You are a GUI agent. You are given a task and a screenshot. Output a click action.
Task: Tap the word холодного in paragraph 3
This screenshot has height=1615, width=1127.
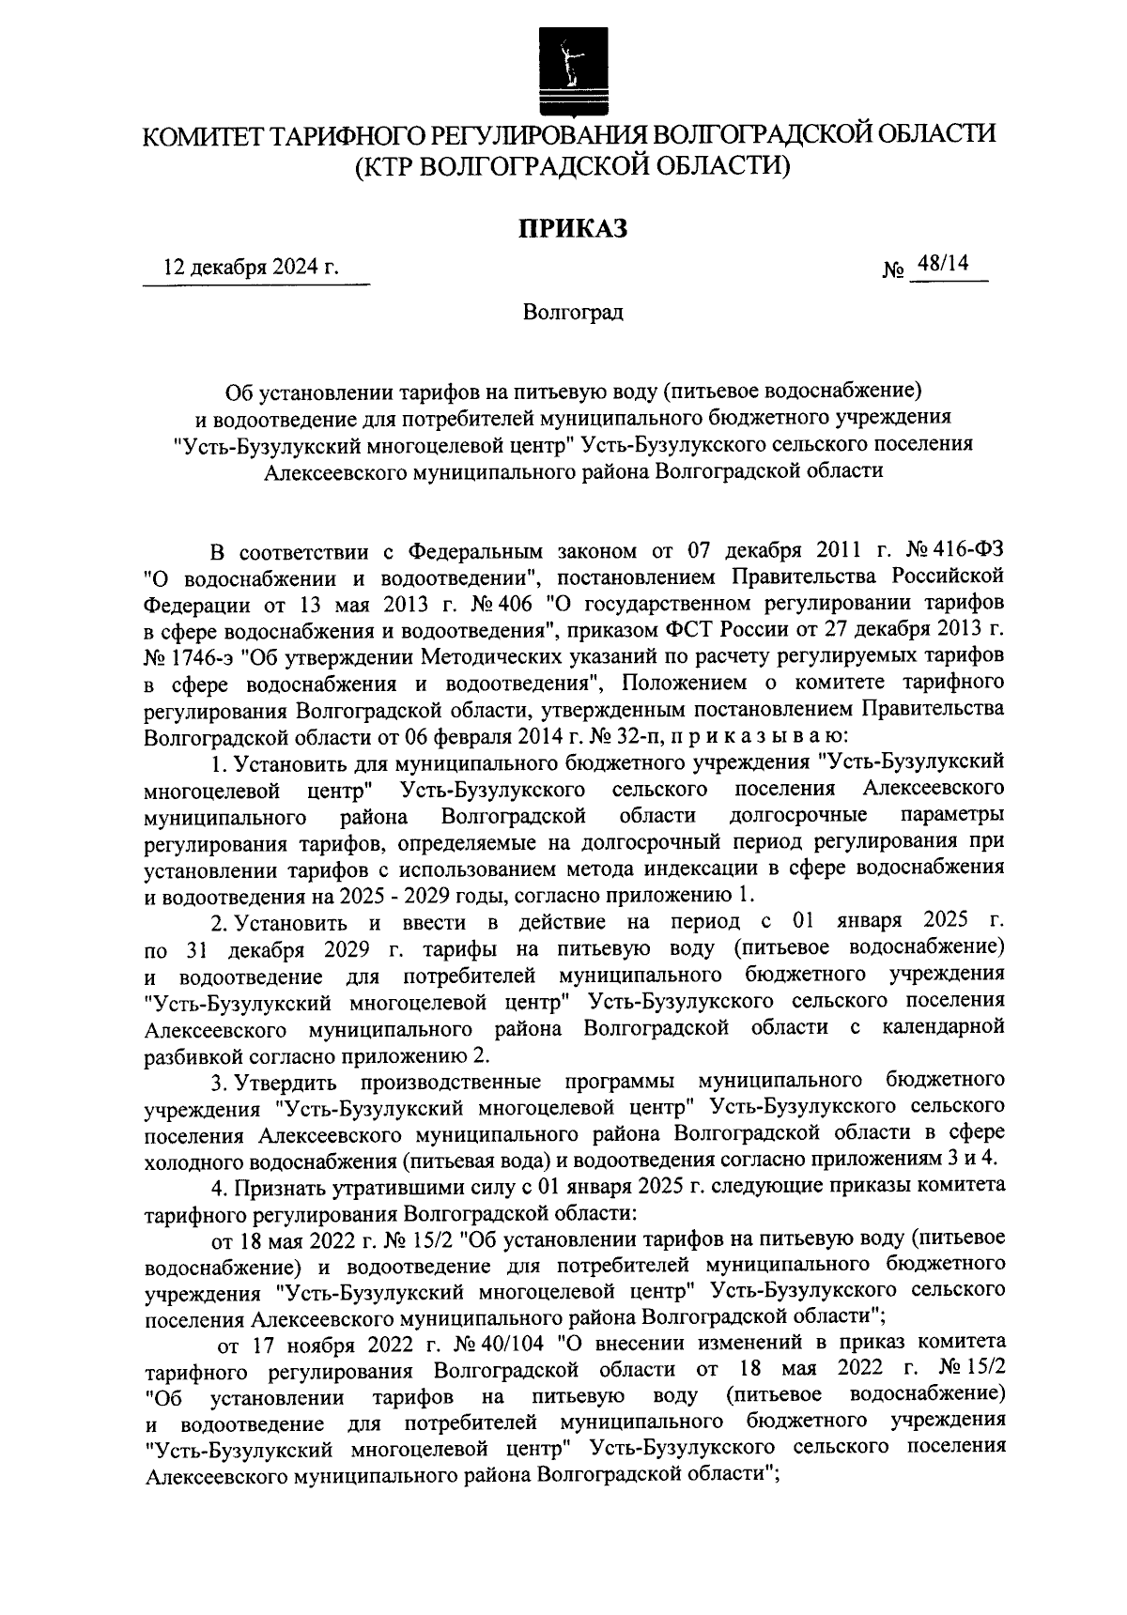(x=190, y=1161)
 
